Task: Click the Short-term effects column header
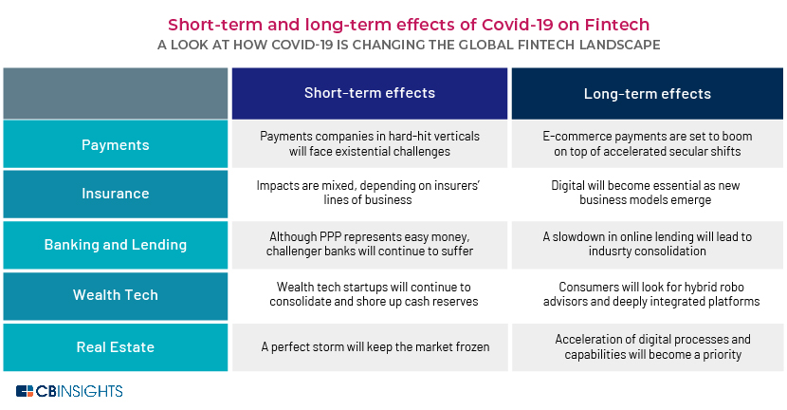(x=370, y=93)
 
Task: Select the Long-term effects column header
(x=647, y=93)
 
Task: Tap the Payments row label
(x=116, y=144)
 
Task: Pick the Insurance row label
(x=116, y=194)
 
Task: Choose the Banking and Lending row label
(x=116, y=245)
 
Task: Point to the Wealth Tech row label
(x=116, y=295)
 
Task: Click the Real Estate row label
(x=116, y=347)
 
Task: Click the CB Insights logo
(x=69, y=391)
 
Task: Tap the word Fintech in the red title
(x=617, y=24)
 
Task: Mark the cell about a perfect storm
(x=370, y=347)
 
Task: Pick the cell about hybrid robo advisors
(x=648, y=295)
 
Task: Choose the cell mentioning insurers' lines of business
(x=370, y=194)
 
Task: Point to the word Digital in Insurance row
(x=568, y=185)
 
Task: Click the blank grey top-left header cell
(x=116, y=93)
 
